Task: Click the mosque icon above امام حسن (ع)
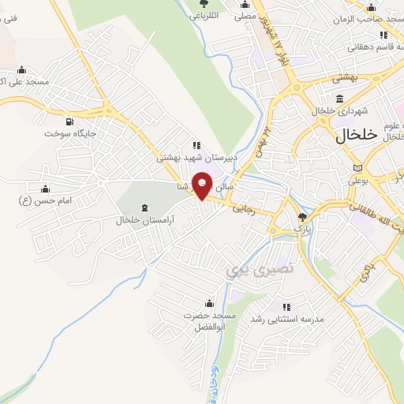(x=45, y=189)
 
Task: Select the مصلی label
(x=245, y=15)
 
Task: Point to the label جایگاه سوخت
(x=69, y=134)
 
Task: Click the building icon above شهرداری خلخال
(x=339, y=99)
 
